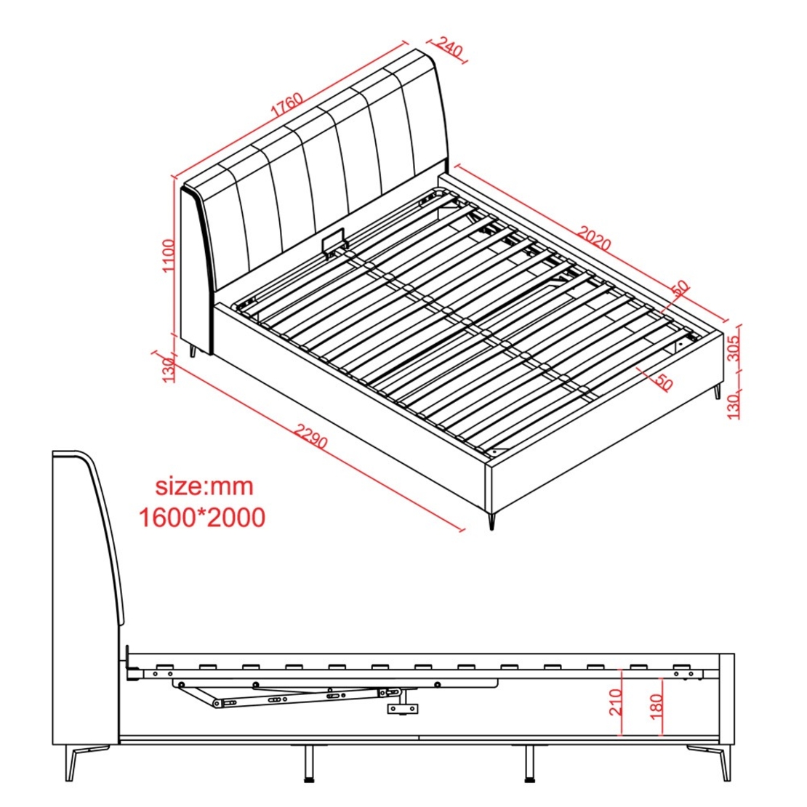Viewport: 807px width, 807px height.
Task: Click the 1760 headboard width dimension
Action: [286, 104]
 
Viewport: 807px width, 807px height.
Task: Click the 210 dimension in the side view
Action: [616, 702]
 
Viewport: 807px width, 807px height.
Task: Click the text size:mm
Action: [204, 486]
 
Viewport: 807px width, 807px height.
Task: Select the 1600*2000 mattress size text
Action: [202, 517]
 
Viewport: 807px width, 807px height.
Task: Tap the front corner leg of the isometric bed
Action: [491, 520]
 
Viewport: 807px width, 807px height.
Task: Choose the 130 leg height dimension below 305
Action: [734, 404]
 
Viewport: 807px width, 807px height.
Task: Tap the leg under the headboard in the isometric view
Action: [193, 351]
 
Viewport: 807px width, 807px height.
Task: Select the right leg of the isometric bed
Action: [716, 391]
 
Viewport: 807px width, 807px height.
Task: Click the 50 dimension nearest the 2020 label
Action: [681, 288]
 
